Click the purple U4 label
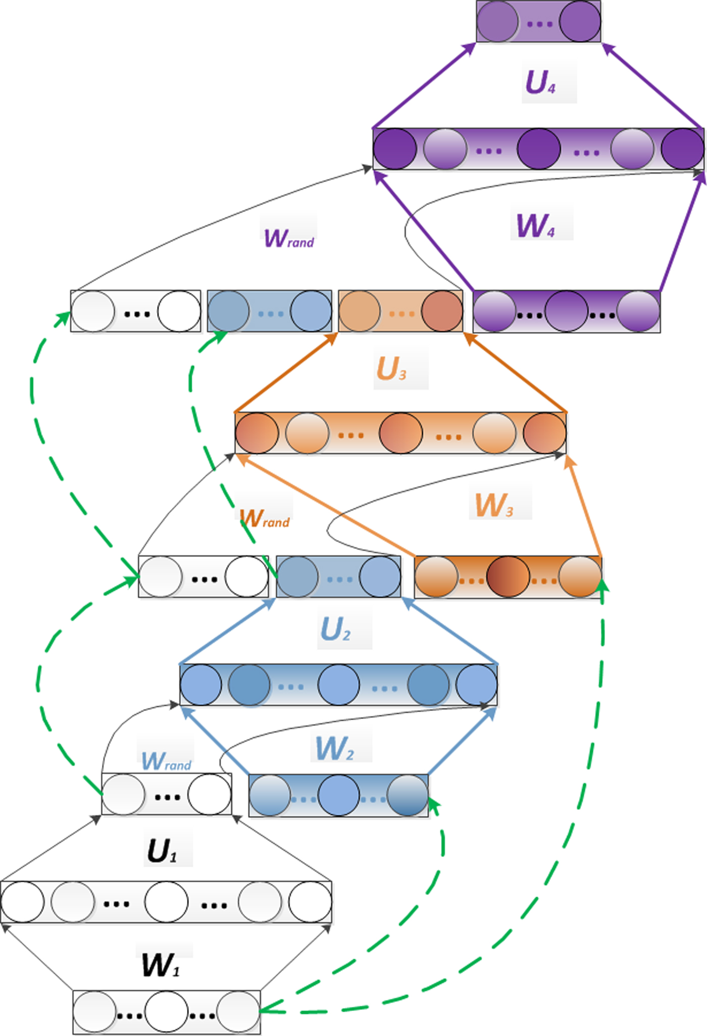coord(541,82)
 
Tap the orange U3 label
coord(391,369)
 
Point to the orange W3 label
coord(494,505)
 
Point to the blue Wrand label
coord(166,761)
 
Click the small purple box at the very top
coord(538,22)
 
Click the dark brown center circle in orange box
coord(508,577)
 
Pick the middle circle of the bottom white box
coord(167,1012)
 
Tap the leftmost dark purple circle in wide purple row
coord(395,149)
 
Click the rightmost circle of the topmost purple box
coord(580,22)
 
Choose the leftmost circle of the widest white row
coord(23,902)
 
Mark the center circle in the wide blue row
coord(339,685)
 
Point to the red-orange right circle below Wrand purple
coord(442,311)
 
